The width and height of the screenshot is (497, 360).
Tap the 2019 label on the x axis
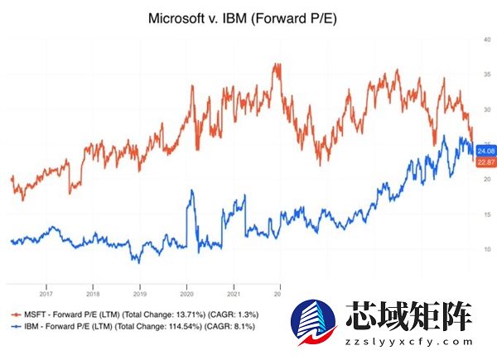[140, 291]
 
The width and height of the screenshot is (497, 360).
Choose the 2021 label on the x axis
[234, 291]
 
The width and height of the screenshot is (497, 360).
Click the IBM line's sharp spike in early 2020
[191, 192]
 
